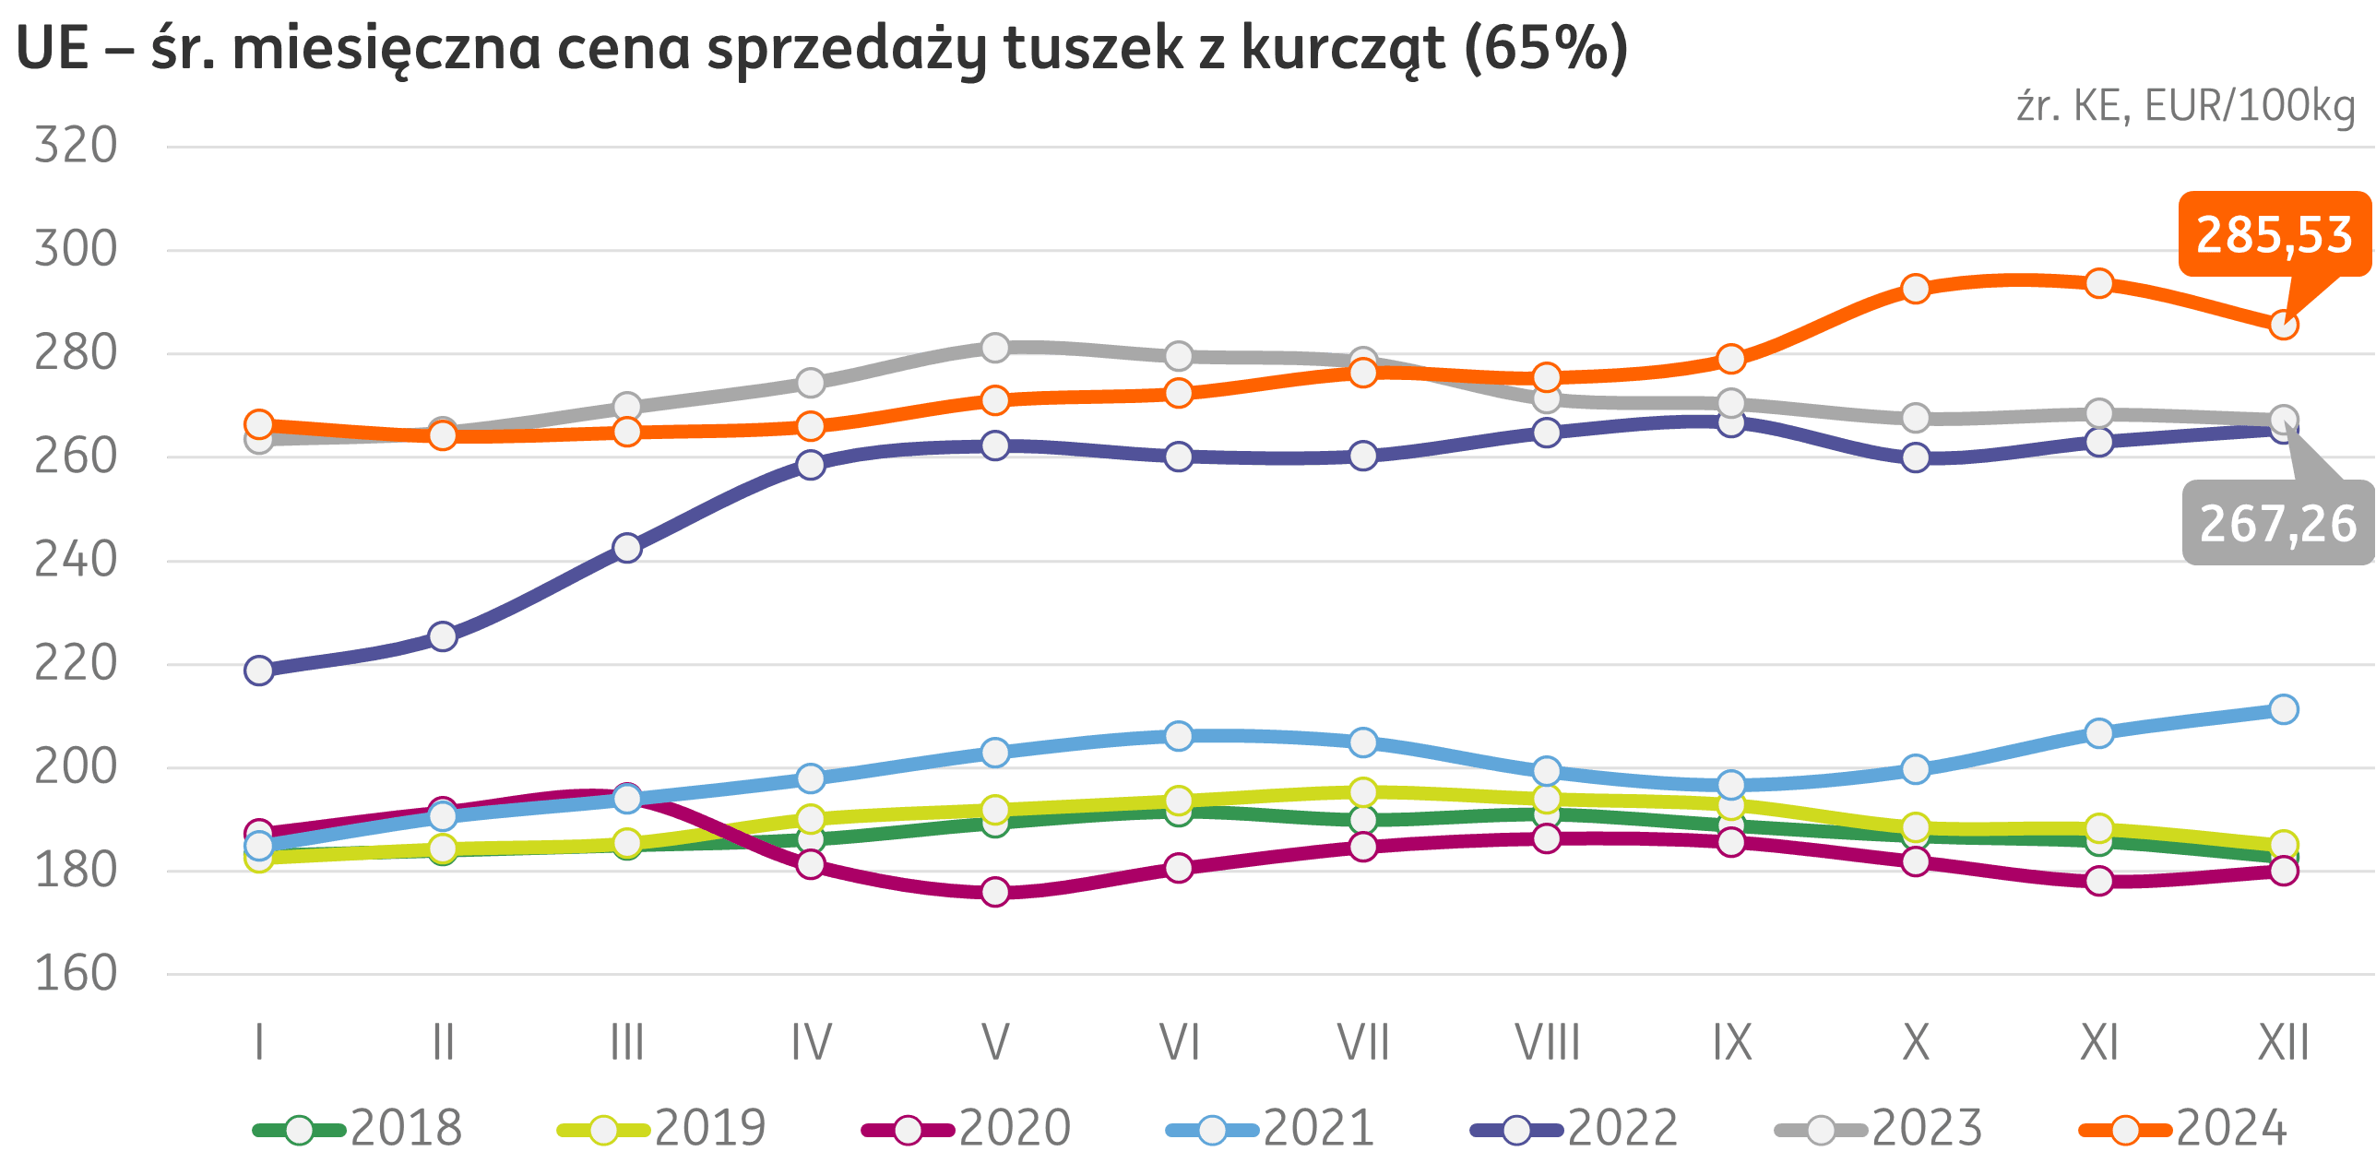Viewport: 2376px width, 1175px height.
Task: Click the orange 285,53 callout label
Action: pos(2274,234)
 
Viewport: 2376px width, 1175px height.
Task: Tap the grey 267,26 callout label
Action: pos(2277,523)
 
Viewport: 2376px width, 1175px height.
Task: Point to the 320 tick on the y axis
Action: pos(76,146)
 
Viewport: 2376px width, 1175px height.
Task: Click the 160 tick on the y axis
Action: pos(76,974)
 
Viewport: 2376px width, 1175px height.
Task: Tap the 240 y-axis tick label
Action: pos(76,560)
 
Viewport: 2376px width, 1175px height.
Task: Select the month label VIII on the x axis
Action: pos(1547,1043)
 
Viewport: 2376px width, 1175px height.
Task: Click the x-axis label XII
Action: pos(2283,1043)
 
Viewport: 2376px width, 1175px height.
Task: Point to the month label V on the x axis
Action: pos(994,1043)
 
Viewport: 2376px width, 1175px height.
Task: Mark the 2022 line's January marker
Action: pos(259,671)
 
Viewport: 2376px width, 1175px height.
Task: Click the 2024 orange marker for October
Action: pos(1916,289)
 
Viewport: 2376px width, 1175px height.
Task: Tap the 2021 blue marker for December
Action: pos(2284,709)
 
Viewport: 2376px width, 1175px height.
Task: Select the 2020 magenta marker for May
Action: pos(995,892)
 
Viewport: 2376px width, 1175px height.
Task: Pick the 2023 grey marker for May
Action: pos(994,348)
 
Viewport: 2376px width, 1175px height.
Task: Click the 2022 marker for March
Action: pos(627,549)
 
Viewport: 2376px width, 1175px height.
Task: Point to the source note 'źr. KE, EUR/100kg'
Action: pos(2185,107)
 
